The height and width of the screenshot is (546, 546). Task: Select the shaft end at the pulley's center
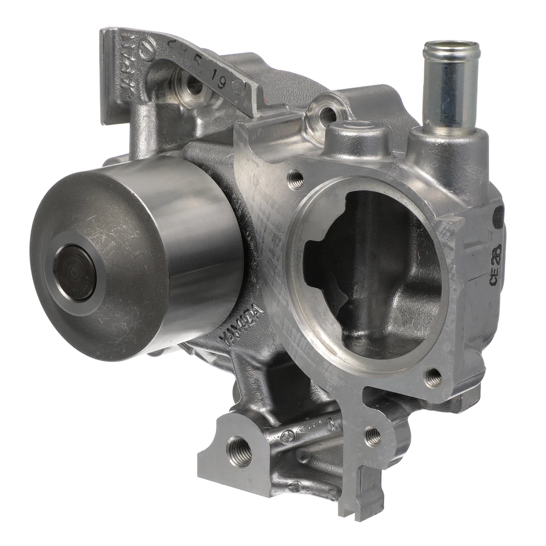(x=75, y=272)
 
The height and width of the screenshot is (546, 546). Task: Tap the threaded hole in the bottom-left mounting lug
(x=239, y=449)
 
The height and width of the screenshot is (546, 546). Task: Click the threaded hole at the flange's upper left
(x=296, y=180)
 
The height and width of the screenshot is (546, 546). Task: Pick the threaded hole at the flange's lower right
(x=433, y=377)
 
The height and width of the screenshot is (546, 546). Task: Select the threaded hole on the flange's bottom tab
(x=373, y=436)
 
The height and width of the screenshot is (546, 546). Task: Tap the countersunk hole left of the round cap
(x=326, y=115)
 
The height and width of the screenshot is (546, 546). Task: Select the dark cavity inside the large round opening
(x=370, y=273)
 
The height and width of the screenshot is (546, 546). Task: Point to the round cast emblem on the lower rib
(x=288, y=437)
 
